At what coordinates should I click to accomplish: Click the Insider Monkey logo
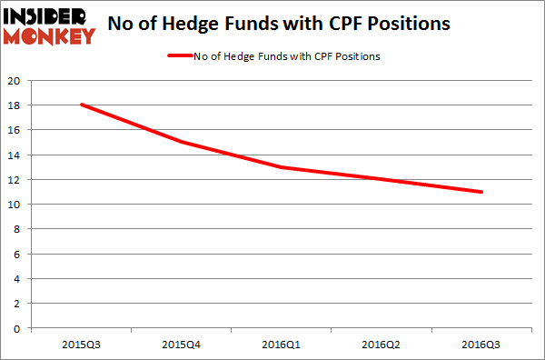click(50, 25)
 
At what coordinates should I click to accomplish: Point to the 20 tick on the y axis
click(14, 80)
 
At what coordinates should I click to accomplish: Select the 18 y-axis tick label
click(14, 105)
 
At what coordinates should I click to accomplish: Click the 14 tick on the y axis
click(14, 155)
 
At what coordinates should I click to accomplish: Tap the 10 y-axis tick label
click(14, 205)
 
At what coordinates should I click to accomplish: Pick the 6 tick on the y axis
click(16, 254)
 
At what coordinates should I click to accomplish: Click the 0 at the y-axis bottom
click(16, 328)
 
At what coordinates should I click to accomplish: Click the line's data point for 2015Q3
click(81, 105)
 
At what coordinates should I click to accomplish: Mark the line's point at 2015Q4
click(181, 142)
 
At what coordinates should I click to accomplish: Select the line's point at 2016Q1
click(282, 167)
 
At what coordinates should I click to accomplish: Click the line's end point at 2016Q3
click(481, 192)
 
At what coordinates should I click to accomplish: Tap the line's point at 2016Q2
click(381, 179)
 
